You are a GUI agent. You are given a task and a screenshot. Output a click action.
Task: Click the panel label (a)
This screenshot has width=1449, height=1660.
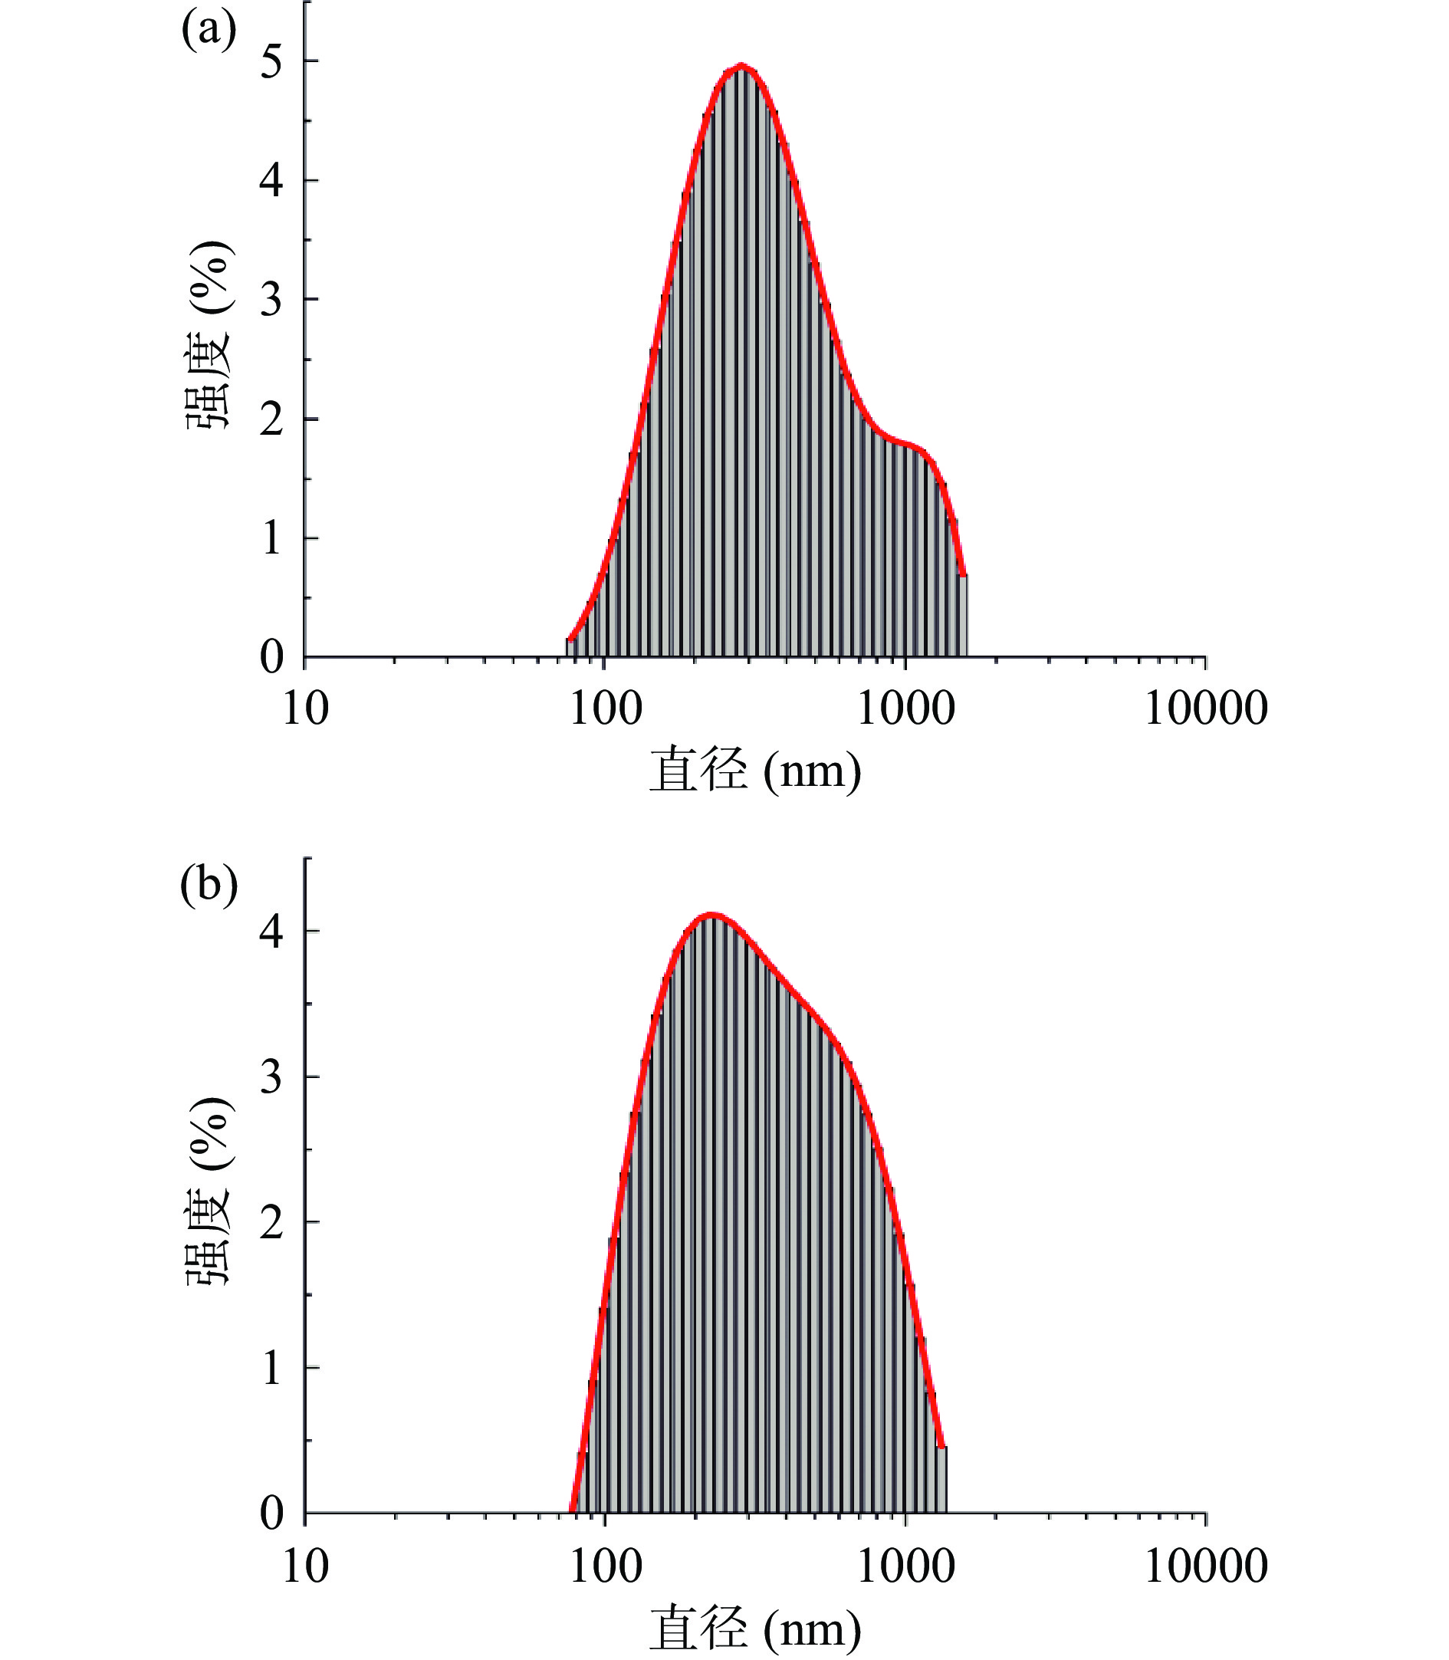(209, 31)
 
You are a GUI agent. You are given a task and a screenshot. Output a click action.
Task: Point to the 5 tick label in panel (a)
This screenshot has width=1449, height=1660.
(271, 61)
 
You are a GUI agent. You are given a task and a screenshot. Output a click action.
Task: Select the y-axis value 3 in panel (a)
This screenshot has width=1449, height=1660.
(271, 300)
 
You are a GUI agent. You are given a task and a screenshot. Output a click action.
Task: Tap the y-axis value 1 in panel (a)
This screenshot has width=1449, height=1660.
(271, 538)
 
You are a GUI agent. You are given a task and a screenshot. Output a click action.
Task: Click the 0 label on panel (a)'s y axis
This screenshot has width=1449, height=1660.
(271, 657)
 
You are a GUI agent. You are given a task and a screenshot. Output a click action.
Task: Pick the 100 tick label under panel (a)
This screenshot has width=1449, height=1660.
(606, 709)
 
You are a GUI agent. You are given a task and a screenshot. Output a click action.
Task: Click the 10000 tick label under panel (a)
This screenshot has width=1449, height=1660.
(1206, 709)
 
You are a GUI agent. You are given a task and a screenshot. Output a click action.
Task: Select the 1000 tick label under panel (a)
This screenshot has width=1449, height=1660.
(905, 709)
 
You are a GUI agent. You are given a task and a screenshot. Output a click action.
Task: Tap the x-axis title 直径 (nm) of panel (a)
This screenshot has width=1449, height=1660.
(755, 771)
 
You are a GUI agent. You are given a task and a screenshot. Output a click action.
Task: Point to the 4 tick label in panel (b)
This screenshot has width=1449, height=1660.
(271, 932)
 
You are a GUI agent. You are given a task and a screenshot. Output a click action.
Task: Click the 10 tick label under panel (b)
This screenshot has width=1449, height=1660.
(306, 1567)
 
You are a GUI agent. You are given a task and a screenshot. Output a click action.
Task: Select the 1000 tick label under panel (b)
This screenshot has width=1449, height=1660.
(905, 1567)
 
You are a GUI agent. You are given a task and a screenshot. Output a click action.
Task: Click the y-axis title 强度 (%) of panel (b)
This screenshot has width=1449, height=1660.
(209, 1191)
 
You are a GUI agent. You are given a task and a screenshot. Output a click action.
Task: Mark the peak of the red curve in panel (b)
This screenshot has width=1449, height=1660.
(711, 915)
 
